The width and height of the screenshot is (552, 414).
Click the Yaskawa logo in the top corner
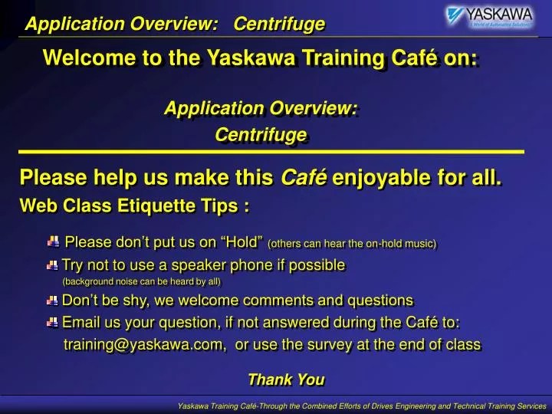pos(490,17)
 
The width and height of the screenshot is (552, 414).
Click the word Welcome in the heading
pos(80,58)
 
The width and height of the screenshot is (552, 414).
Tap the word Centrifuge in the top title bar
pos(279,25)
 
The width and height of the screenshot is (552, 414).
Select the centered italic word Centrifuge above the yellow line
pos(261,135)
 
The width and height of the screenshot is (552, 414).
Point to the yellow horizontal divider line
pos(271,153)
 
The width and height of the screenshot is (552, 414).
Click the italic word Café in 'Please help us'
pos(304,179)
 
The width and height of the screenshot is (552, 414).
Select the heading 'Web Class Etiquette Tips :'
pos(134,205)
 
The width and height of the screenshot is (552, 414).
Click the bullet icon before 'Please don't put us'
pos(53,242)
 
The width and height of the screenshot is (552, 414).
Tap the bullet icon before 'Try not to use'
pos(52,265)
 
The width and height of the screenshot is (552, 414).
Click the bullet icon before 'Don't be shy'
pos(52,301)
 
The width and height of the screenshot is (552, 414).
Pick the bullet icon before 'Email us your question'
pos(52,322)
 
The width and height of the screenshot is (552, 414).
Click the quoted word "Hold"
pos(242,243)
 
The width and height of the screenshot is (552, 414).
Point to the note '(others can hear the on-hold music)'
pos(352,244)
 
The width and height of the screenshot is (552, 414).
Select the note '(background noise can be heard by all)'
pos(141,281)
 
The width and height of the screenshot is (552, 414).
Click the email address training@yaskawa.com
pos(144,344)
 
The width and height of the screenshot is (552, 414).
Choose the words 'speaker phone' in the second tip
pos(216,265)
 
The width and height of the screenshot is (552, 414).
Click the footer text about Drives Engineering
pos(361,405)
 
